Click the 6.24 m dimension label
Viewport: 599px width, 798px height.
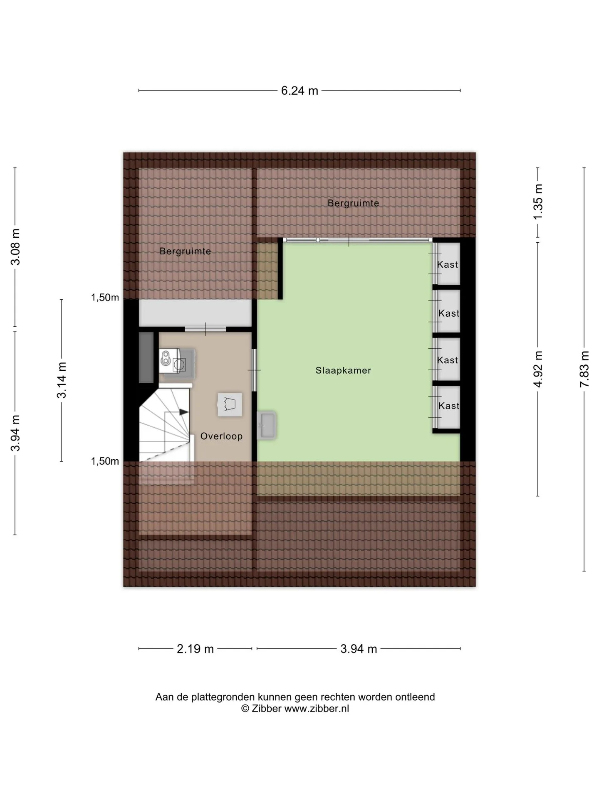point(299,91)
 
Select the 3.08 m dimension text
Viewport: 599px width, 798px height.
point(16,247)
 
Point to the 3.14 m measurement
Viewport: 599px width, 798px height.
point(62,380)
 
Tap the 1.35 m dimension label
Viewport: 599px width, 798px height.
point(538,202)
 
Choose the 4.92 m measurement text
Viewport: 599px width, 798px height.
point(538,369)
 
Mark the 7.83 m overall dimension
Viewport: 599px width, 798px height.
point(585,369)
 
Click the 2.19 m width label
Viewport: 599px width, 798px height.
point(195,649)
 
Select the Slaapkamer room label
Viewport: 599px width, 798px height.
point(343,370)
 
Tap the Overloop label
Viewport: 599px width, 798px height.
point(221,436)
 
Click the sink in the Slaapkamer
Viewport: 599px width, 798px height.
point(266,425)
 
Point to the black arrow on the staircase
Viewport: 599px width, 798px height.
point(183,412)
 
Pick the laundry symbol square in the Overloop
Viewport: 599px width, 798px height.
point(230,404)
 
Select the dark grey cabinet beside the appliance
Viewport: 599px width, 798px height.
point(146,357)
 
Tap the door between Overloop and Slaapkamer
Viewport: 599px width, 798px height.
point(254,370)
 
